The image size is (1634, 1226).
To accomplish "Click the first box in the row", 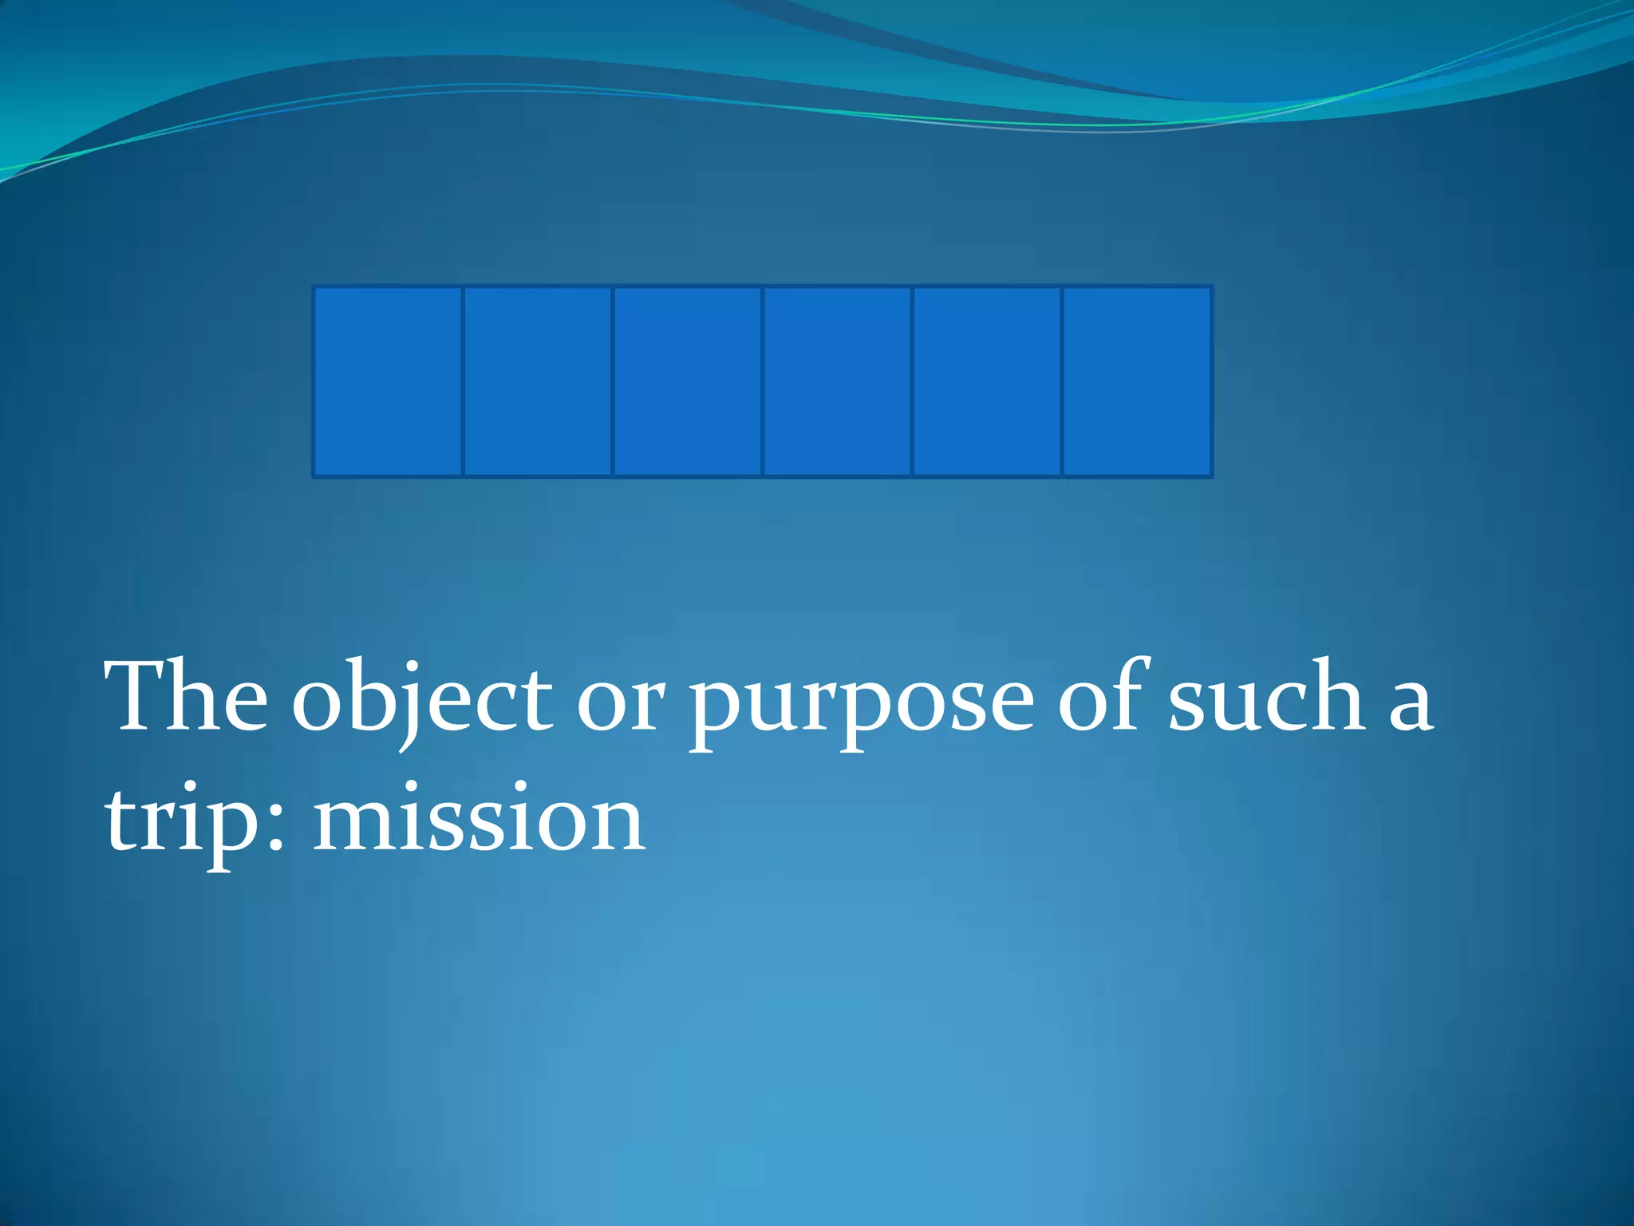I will click(388, 382).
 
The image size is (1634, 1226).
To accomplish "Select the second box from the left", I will click(538, 382).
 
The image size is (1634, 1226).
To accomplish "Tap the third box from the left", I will click(688, 382).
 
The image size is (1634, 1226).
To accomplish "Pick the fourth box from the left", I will click(838, 382).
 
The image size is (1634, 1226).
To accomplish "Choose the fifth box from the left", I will click(988, 382).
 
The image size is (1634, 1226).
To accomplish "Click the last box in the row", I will click(1138, 382).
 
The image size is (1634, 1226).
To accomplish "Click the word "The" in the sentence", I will click(187, 697).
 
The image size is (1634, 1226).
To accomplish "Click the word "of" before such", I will click(1105, 697).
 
